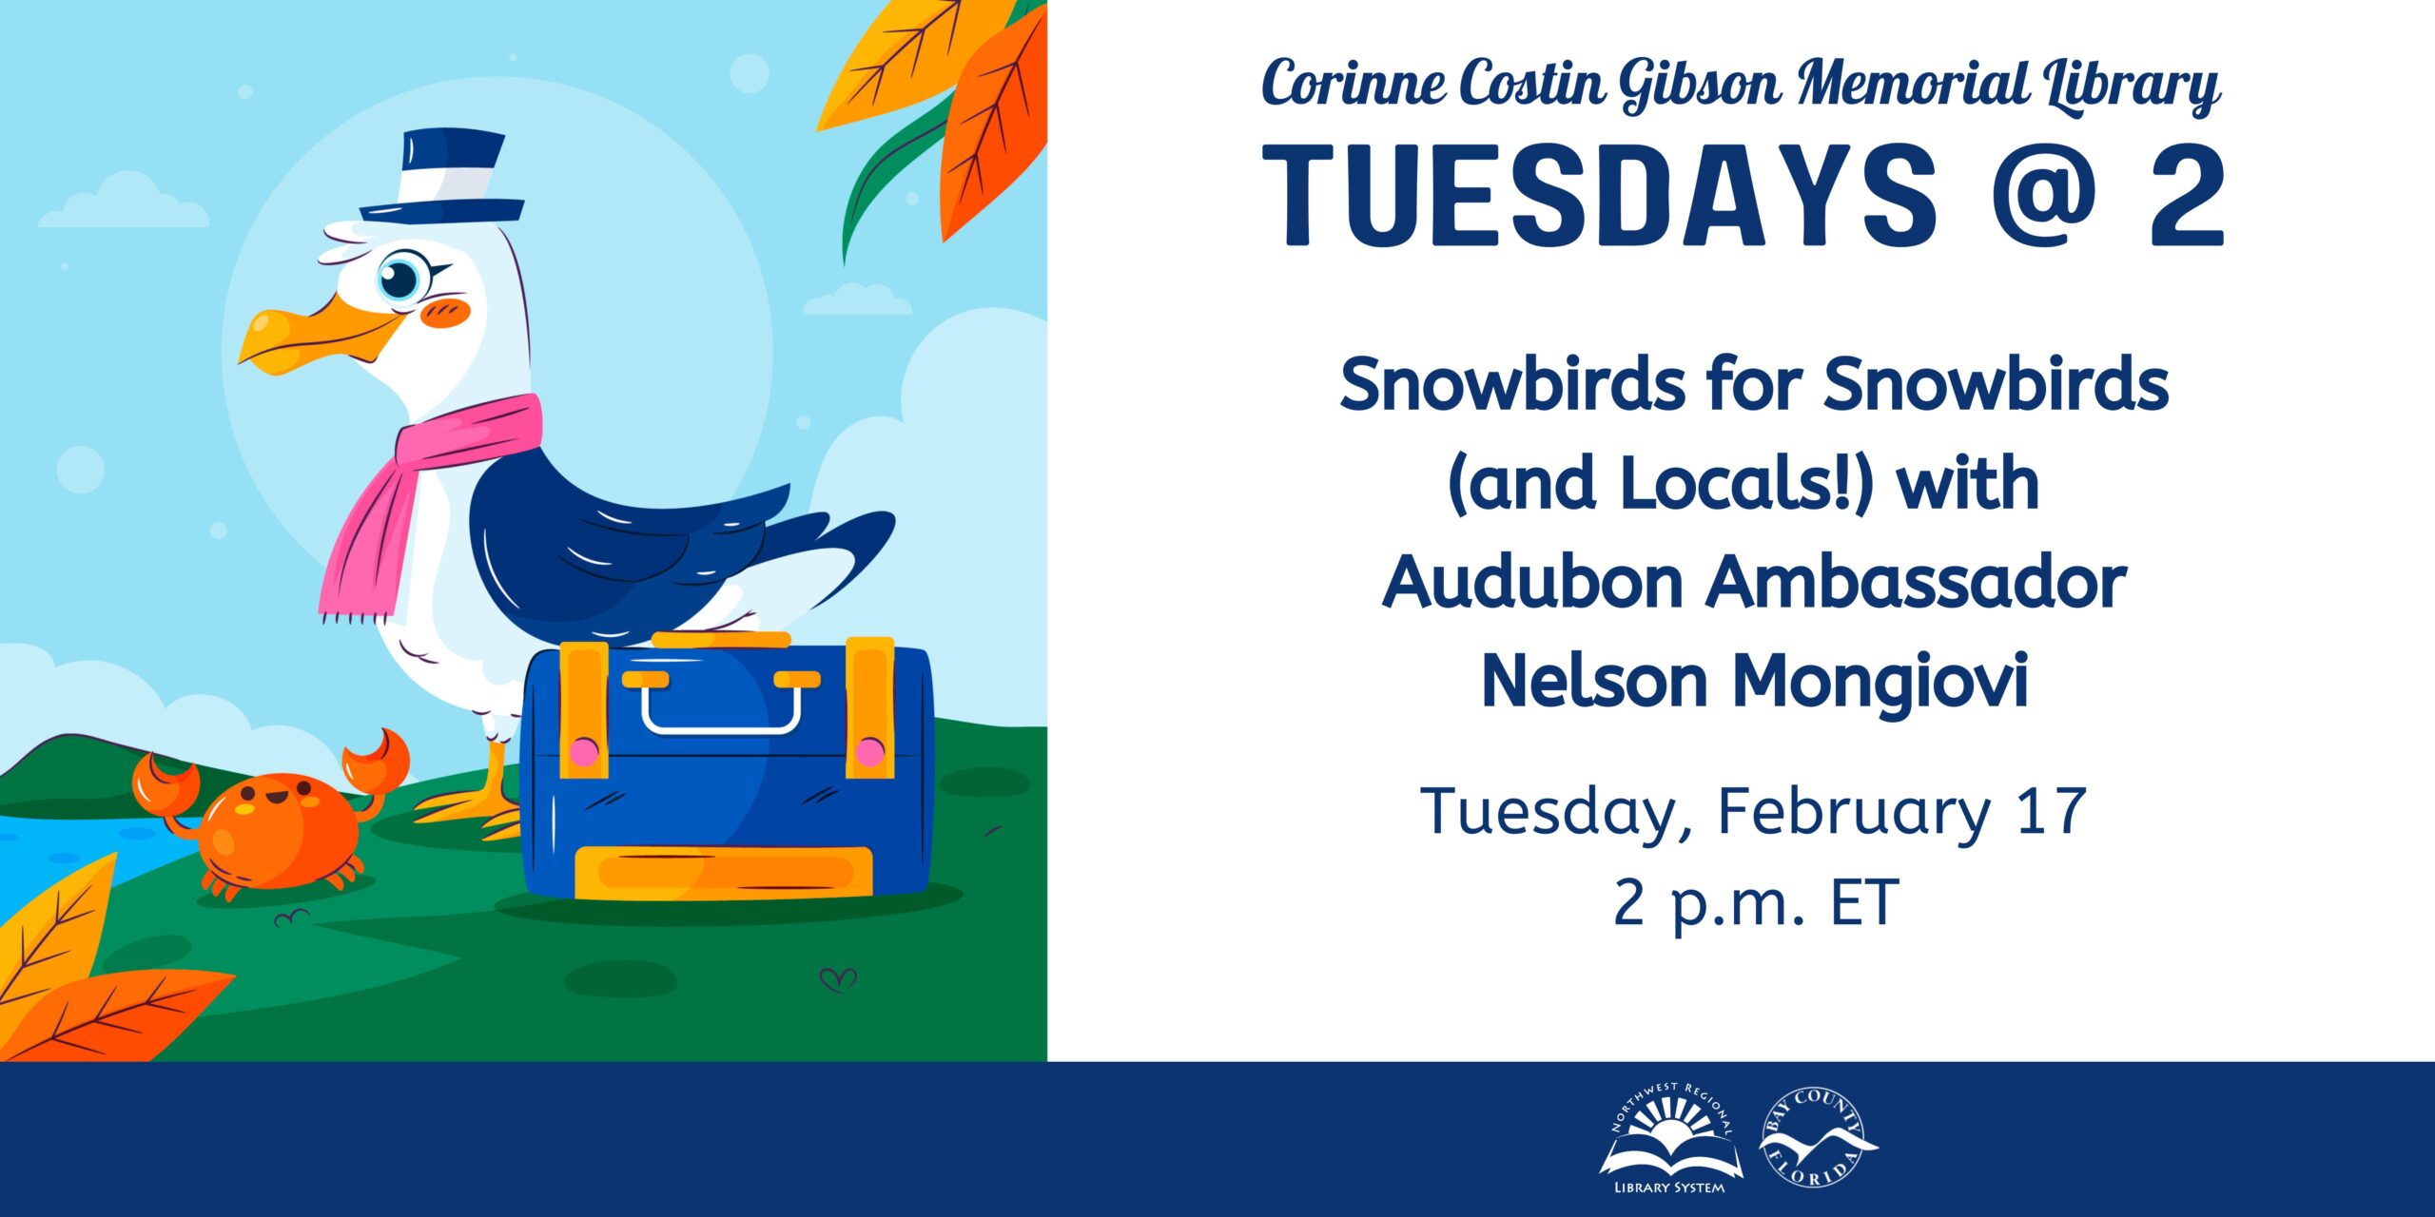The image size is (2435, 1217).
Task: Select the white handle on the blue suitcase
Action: click(722, 704)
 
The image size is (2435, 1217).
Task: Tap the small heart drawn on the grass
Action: click(838, 977)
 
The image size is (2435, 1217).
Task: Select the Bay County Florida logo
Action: click(1816, 1137)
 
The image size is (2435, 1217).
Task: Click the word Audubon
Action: click(1532, 582)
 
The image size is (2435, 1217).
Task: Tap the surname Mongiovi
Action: click(1879, 683)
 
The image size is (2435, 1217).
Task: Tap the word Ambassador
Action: click(1916, 582)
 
